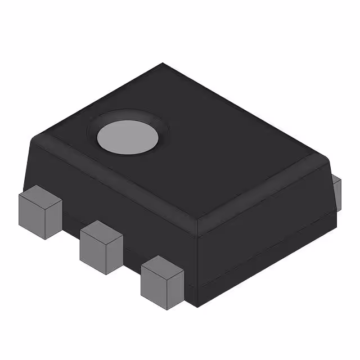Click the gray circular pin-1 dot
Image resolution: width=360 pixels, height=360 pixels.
point(127,137)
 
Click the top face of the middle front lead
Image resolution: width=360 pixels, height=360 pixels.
point(101,231)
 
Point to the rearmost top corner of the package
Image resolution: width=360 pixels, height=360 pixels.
point(163,64)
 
